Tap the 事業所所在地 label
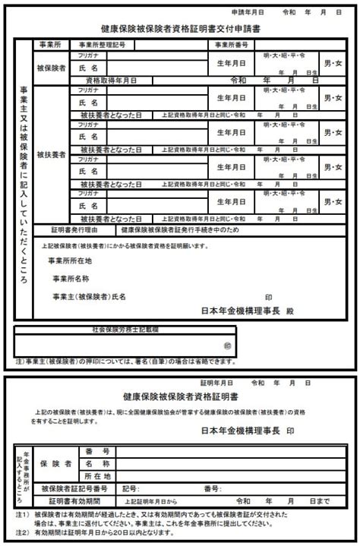coord(71,261)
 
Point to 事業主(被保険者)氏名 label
coord(87,296)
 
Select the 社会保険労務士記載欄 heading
coord(125,330)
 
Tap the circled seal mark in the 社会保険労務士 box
coord(226,345)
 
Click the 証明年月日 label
coord(215,383)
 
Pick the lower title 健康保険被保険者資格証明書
coord(180,396)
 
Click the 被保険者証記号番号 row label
coord(74,488)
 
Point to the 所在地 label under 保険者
coord(99,475)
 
